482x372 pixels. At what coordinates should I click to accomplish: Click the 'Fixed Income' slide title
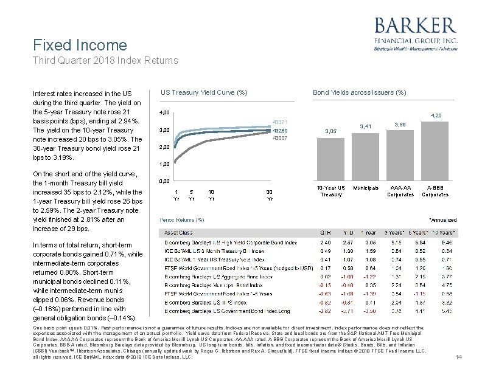(80, 45)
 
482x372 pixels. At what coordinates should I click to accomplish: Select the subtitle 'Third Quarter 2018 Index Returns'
(106, 60)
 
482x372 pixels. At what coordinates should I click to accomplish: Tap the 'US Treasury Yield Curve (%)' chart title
(204, 92)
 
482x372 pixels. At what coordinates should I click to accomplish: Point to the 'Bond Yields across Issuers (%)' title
(359, 92)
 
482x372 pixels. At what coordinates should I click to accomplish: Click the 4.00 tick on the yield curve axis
(164, 114)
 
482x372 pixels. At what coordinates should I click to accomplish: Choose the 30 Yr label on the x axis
(270, 195)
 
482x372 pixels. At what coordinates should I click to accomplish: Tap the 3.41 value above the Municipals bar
(366, 126)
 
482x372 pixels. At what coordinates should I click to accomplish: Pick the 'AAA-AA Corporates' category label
(401, 191)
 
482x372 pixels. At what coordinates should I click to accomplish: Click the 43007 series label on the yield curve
(280, 139)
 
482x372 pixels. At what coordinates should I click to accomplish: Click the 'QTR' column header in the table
(326, 232)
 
